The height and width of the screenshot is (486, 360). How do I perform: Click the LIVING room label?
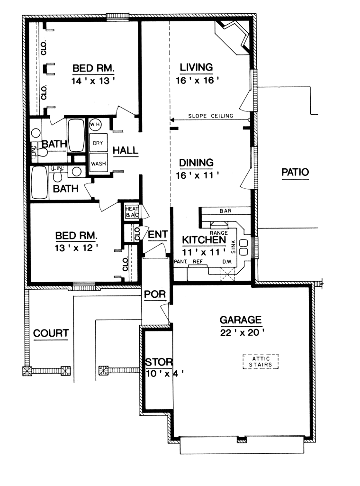[x=196, y=67]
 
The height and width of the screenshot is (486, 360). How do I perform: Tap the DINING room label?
[x=196, y=163]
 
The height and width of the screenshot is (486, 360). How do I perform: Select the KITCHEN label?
[x=204, y=240]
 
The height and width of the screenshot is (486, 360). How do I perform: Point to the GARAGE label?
[x=241, y=320]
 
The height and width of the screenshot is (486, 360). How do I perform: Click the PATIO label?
[x=295, y=172]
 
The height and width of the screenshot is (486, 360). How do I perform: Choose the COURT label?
[x=51, y=333]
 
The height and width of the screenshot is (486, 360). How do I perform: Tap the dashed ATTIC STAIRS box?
[x=261, y=362]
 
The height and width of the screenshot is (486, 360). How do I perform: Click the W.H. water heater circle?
[x=95, y=125]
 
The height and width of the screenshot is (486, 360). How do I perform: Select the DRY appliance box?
[x=98, y=143]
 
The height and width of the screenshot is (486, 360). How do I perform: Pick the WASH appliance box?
[x=98, y=163]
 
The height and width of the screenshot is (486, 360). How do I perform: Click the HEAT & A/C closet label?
[x=132, y=211]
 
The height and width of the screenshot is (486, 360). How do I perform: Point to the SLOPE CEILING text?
[x=210, y=116]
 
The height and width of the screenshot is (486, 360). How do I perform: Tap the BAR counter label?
[x=225, y=211]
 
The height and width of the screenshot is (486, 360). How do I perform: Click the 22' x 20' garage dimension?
[x=242, y=332]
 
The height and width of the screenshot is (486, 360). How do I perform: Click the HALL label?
[x=126, y=151]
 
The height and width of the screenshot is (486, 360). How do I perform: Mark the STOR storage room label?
[x=159, y=362]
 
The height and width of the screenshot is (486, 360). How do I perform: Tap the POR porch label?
[x=155, y=294]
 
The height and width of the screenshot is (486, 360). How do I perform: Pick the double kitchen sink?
[x=243, y=247]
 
